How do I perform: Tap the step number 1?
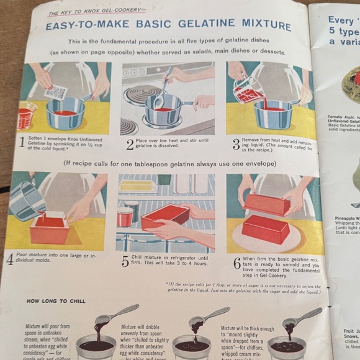[x=22, y=143]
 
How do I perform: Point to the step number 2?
[x=130, y=144]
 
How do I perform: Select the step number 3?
[x=236, y=144]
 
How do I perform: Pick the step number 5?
[x=125, y=261]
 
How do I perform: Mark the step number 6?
[x=237, y=263]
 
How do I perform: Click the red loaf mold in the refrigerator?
[x=164, y=217]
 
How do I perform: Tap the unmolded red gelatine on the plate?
[x=266, y=228]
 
